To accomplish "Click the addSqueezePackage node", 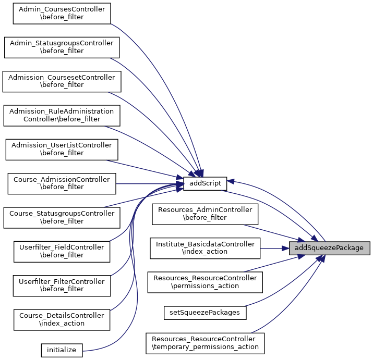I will (x=329, y=248).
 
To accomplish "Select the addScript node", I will (x=205, y=183).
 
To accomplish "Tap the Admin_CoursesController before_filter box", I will (x=62, y=14).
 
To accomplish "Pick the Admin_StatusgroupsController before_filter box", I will (x=62, y=47).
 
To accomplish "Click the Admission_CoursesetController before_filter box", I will (x=62, y=81).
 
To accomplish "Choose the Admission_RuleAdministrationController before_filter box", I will (x=62, y=115).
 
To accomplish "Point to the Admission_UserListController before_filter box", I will (x=62, y=149).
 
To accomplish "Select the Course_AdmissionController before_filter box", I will (x=62, y=183).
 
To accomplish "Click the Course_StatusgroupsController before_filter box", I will (x=62, y=217).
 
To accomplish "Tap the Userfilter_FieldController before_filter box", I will (x=62, y=251).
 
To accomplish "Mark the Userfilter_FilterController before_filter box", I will (x=62, y=285).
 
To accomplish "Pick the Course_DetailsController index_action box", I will (x=62, y=319).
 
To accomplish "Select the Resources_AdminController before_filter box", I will (x=205, y=214).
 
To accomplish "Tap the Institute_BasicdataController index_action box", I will (x=205, y=248).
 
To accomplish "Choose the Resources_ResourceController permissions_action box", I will (x=205, y=282).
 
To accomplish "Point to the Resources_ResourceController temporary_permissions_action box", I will (x=205, y=343).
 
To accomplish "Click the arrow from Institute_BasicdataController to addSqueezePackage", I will (x=274, y=248).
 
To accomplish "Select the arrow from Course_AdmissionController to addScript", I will (x=149, y=183).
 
